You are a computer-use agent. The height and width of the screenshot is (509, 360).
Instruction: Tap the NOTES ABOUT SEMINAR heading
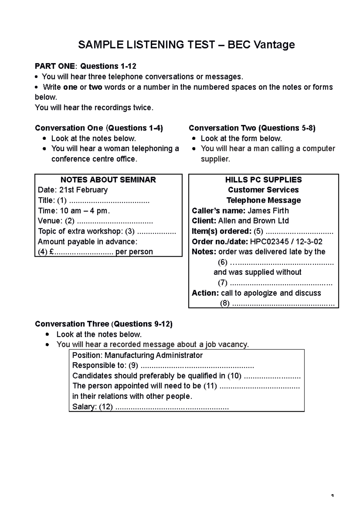click(x=108, y=180)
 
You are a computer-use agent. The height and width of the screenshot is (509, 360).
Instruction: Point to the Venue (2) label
click(x=56, y=221)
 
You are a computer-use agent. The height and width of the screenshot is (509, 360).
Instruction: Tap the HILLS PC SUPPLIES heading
click(x=263, y=180)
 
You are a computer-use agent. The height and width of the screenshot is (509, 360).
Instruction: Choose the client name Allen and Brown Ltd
click(x=253, y=221)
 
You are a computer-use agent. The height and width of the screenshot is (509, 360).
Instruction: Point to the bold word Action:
click(x=205, y=293)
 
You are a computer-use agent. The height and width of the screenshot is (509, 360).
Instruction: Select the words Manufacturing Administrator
click(x=153, y=355)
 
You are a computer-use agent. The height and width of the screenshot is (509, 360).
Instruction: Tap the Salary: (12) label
click(x=92, y=407)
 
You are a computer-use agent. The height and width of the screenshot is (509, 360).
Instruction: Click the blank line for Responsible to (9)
click(x=197, y=366)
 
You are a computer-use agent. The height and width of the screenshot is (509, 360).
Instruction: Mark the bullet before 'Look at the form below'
click(x=194, y=139)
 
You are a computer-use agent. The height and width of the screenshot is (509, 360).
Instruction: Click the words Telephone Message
click(x=263, y=200)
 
